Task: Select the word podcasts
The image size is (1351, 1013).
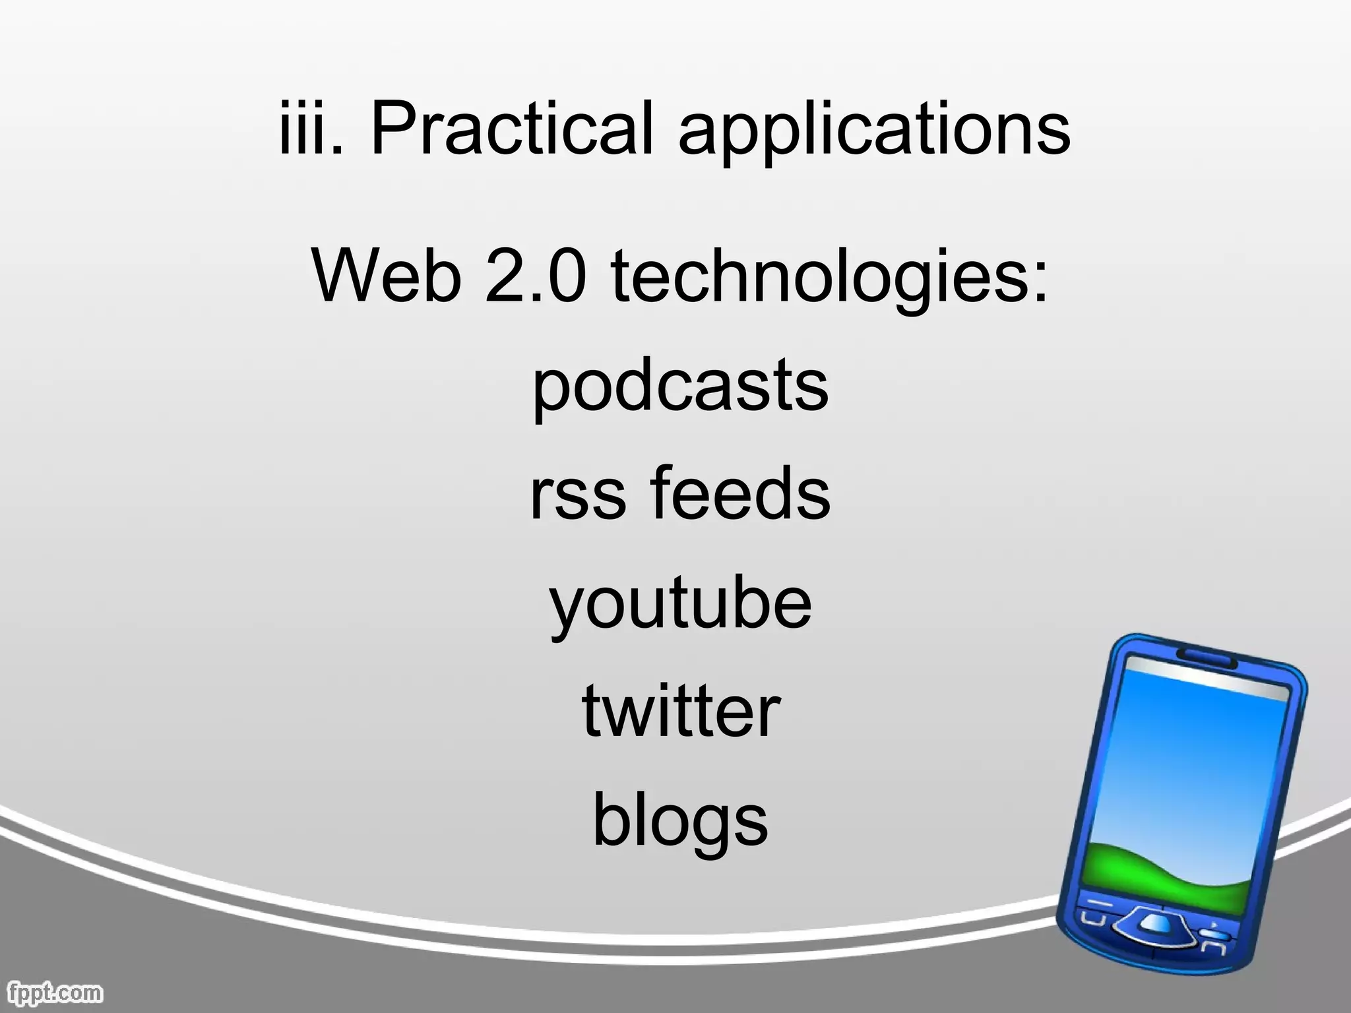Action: click(680, 386)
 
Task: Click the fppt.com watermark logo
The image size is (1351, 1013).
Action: click(53, 992)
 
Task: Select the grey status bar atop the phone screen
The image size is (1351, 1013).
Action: click(1207, 678)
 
